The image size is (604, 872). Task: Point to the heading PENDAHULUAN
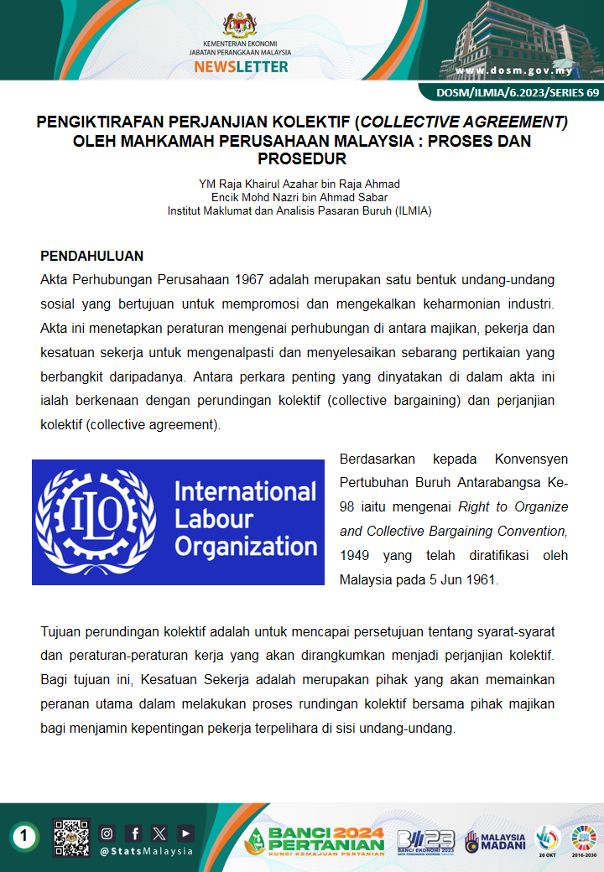(92, 256)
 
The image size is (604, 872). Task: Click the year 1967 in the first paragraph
(252, 279)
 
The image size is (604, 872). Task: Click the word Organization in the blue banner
(246, 548)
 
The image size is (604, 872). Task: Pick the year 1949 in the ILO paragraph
(355, 555)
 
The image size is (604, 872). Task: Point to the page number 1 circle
(25, 835)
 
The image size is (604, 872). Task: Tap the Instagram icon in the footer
(107, 833)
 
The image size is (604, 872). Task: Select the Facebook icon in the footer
(134, 833)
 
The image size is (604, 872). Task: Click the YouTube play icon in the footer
(185, 833)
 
